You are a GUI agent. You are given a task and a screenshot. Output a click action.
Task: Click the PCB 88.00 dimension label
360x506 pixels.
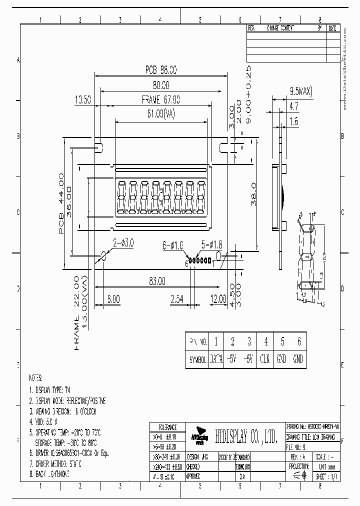(161, 69)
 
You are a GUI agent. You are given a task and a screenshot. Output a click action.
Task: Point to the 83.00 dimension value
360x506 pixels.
(156, 282)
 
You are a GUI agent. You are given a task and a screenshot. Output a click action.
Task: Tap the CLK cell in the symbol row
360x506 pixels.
(265, 359)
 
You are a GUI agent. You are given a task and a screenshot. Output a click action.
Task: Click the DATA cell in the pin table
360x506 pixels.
(216, 359)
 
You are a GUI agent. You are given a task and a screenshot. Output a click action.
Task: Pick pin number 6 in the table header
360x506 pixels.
(298, 342)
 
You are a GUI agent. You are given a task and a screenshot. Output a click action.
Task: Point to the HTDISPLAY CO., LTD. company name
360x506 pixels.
(246, 437)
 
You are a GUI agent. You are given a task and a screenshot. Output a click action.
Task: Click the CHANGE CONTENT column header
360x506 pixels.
(280, 28)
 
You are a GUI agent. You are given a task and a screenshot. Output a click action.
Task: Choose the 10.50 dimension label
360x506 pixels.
(82, 99)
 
